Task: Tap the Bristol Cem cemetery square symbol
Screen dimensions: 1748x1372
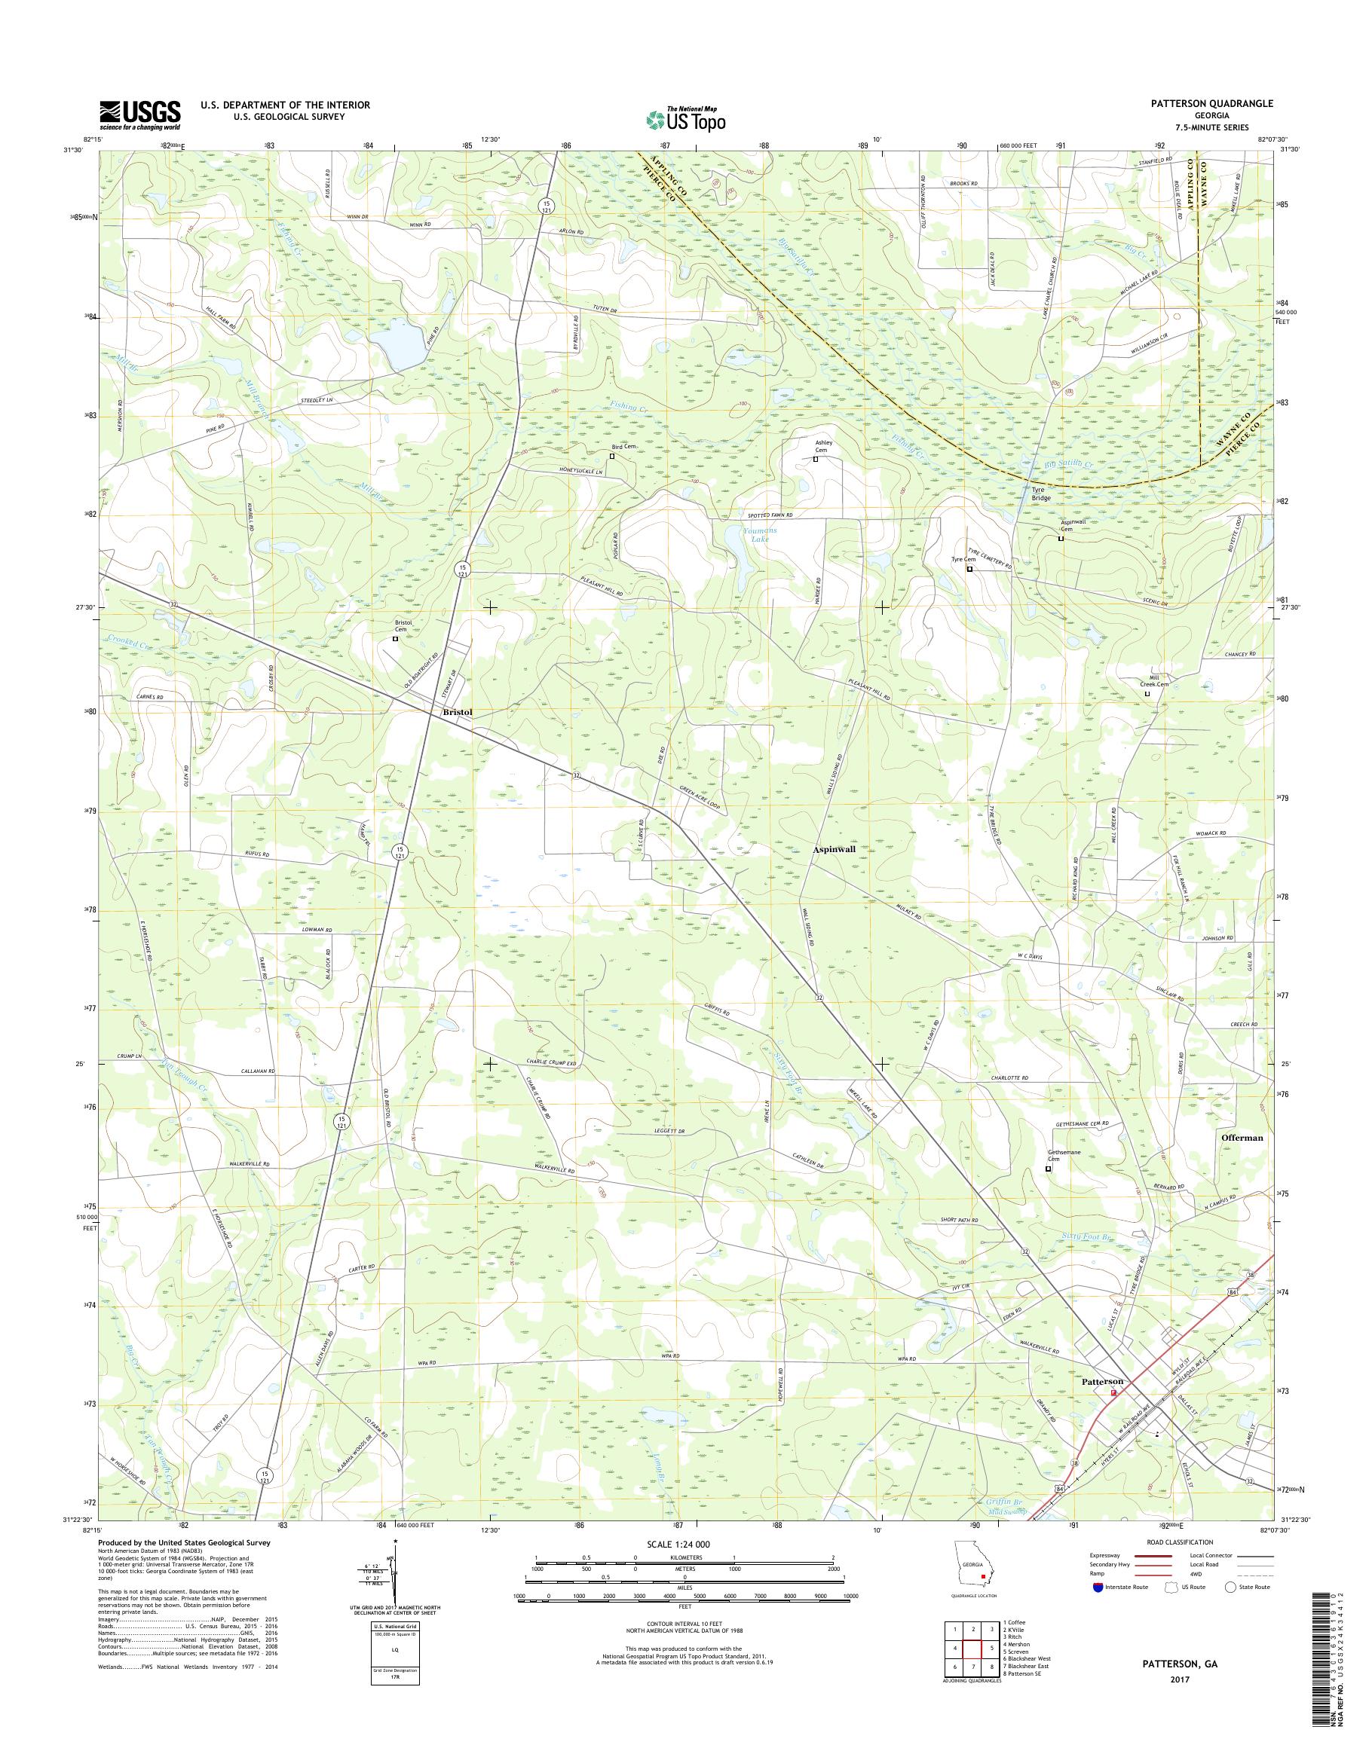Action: coord(395,639)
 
